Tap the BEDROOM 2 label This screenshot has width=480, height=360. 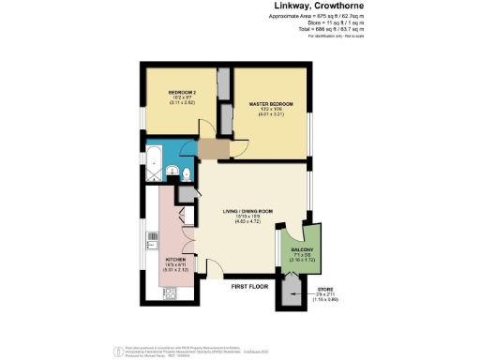(182, 92)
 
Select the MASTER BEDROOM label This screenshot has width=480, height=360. (270, 103)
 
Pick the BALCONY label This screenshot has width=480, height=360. (301, 249)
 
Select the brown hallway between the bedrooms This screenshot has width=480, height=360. (212, 150)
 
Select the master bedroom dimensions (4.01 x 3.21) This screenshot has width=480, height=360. (270, 115)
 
